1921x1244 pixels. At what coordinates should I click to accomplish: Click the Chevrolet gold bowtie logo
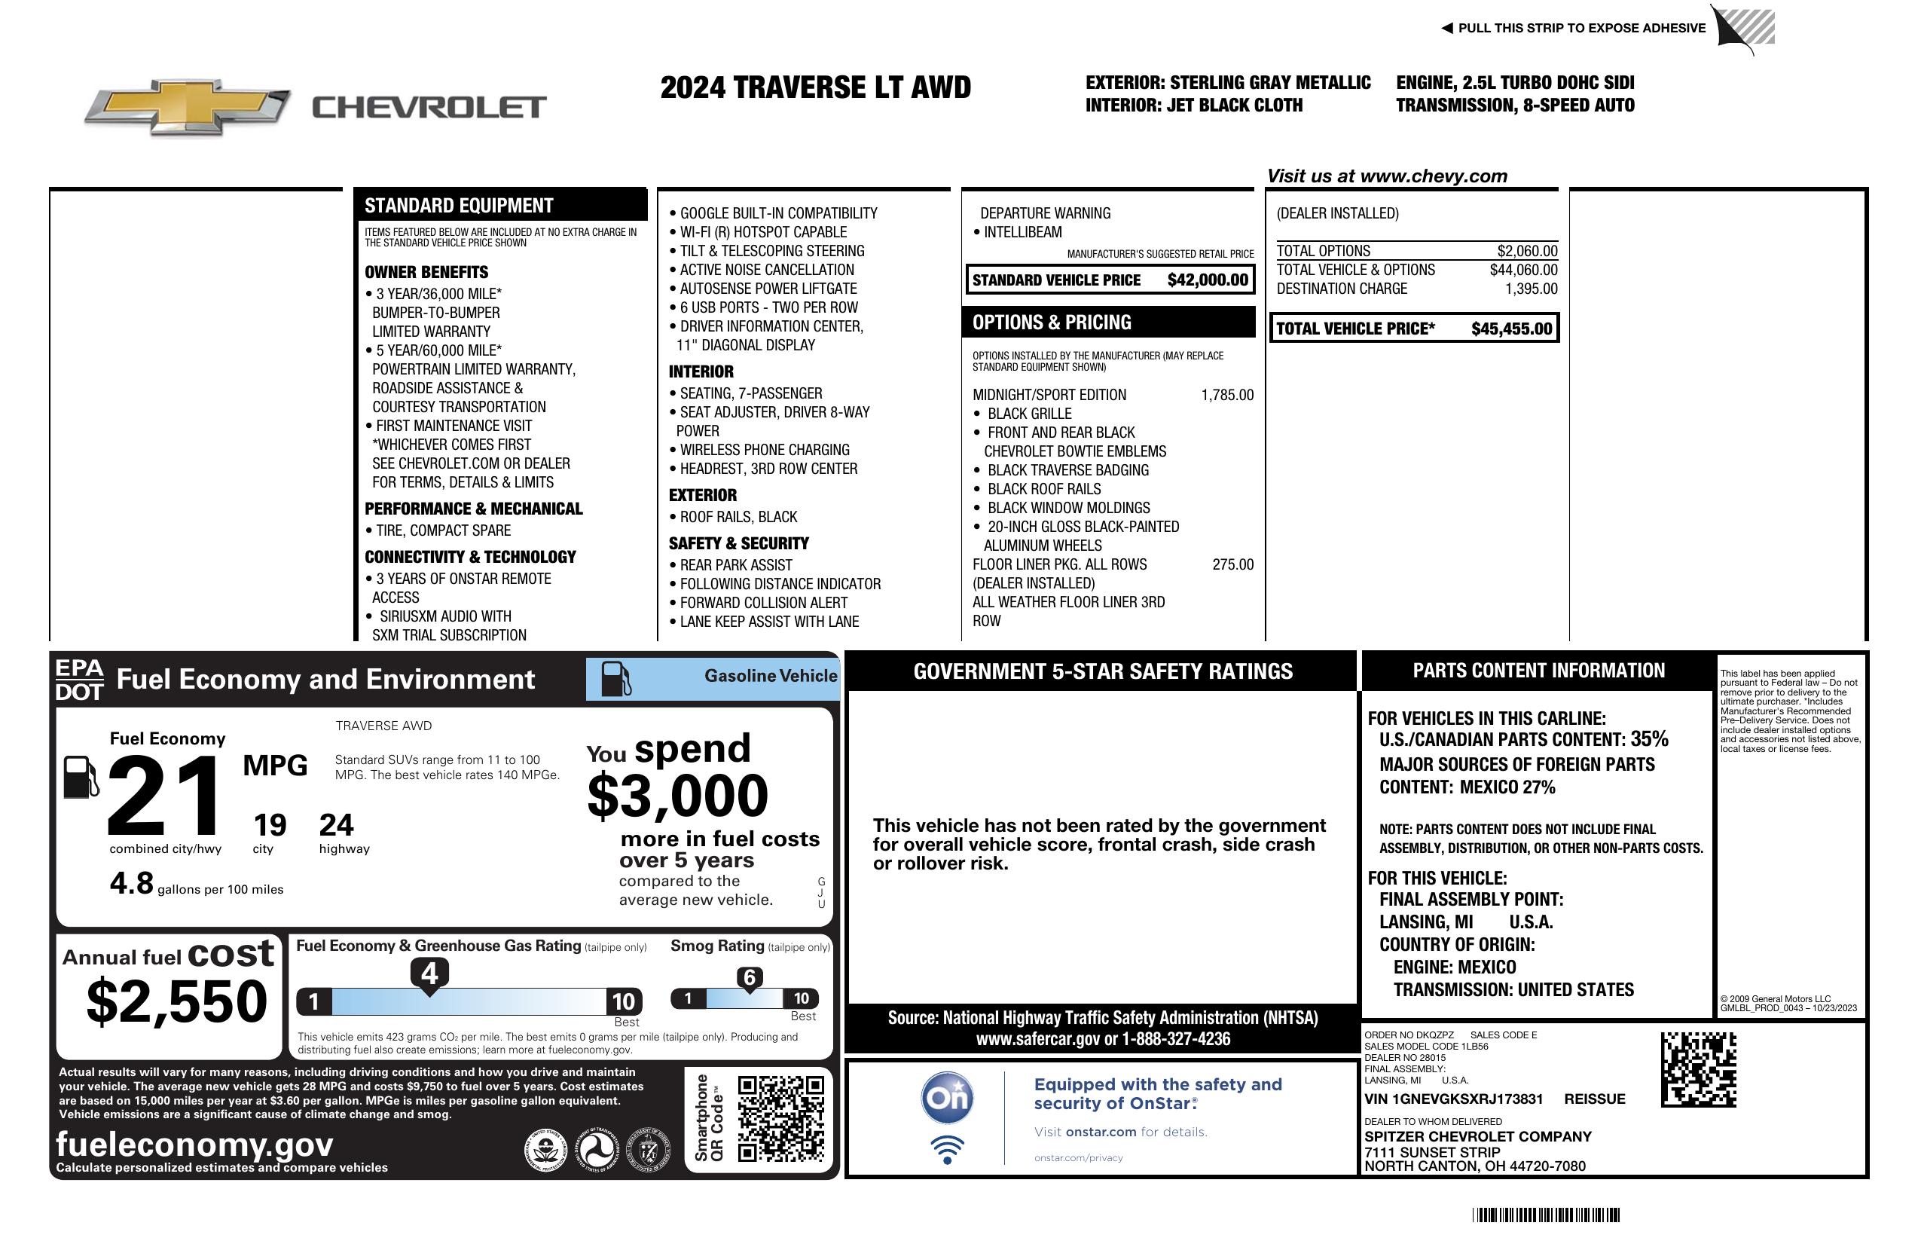click(188, 106)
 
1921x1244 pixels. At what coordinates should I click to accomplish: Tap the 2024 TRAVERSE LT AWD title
click(815, 87)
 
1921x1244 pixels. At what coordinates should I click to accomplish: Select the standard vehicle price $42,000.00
click(1208, 280)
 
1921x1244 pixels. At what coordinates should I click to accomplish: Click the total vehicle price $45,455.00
click(1511, 329)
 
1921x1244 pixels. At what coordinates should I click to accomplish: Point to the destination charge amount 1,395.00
click(1530, 289)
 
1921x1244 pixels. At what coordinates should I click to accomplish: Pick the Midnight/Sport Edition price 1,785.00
click(1227, 395)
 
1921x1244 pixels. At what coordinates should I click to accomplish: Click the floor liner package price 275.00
click(1232, 564)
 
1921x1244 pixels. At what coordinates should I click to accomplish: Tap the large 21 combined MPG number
click(164, 796)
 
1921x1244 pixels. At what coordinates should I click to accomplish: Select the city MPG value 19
click(270, 825)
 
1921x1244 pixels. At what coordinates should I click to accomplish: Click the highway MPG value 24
click(336, 825)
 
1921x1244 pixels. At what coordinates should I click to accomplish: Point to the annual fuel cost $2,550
click(177, 1001)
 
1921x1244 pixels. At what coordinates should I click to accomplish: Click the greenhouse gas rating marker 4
click(429, 973)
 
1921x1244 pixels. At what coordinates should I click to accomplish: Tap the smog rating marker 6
click(749, 977)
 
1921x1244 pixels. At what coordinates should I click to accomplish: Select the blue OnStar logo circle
click(947, 1098)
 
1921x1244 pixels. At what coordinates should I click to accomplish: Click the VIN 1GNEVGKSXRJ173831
click(1453, 1099)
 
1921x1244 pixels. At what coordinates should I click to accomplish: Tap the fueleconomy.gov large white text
click(194, 1144)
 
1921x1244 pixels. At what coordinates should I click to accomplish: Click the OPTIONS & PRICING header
click(1052, 322)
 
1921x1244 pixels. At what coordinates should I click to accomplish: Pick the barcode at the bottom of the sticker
click(1545, 1215)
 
